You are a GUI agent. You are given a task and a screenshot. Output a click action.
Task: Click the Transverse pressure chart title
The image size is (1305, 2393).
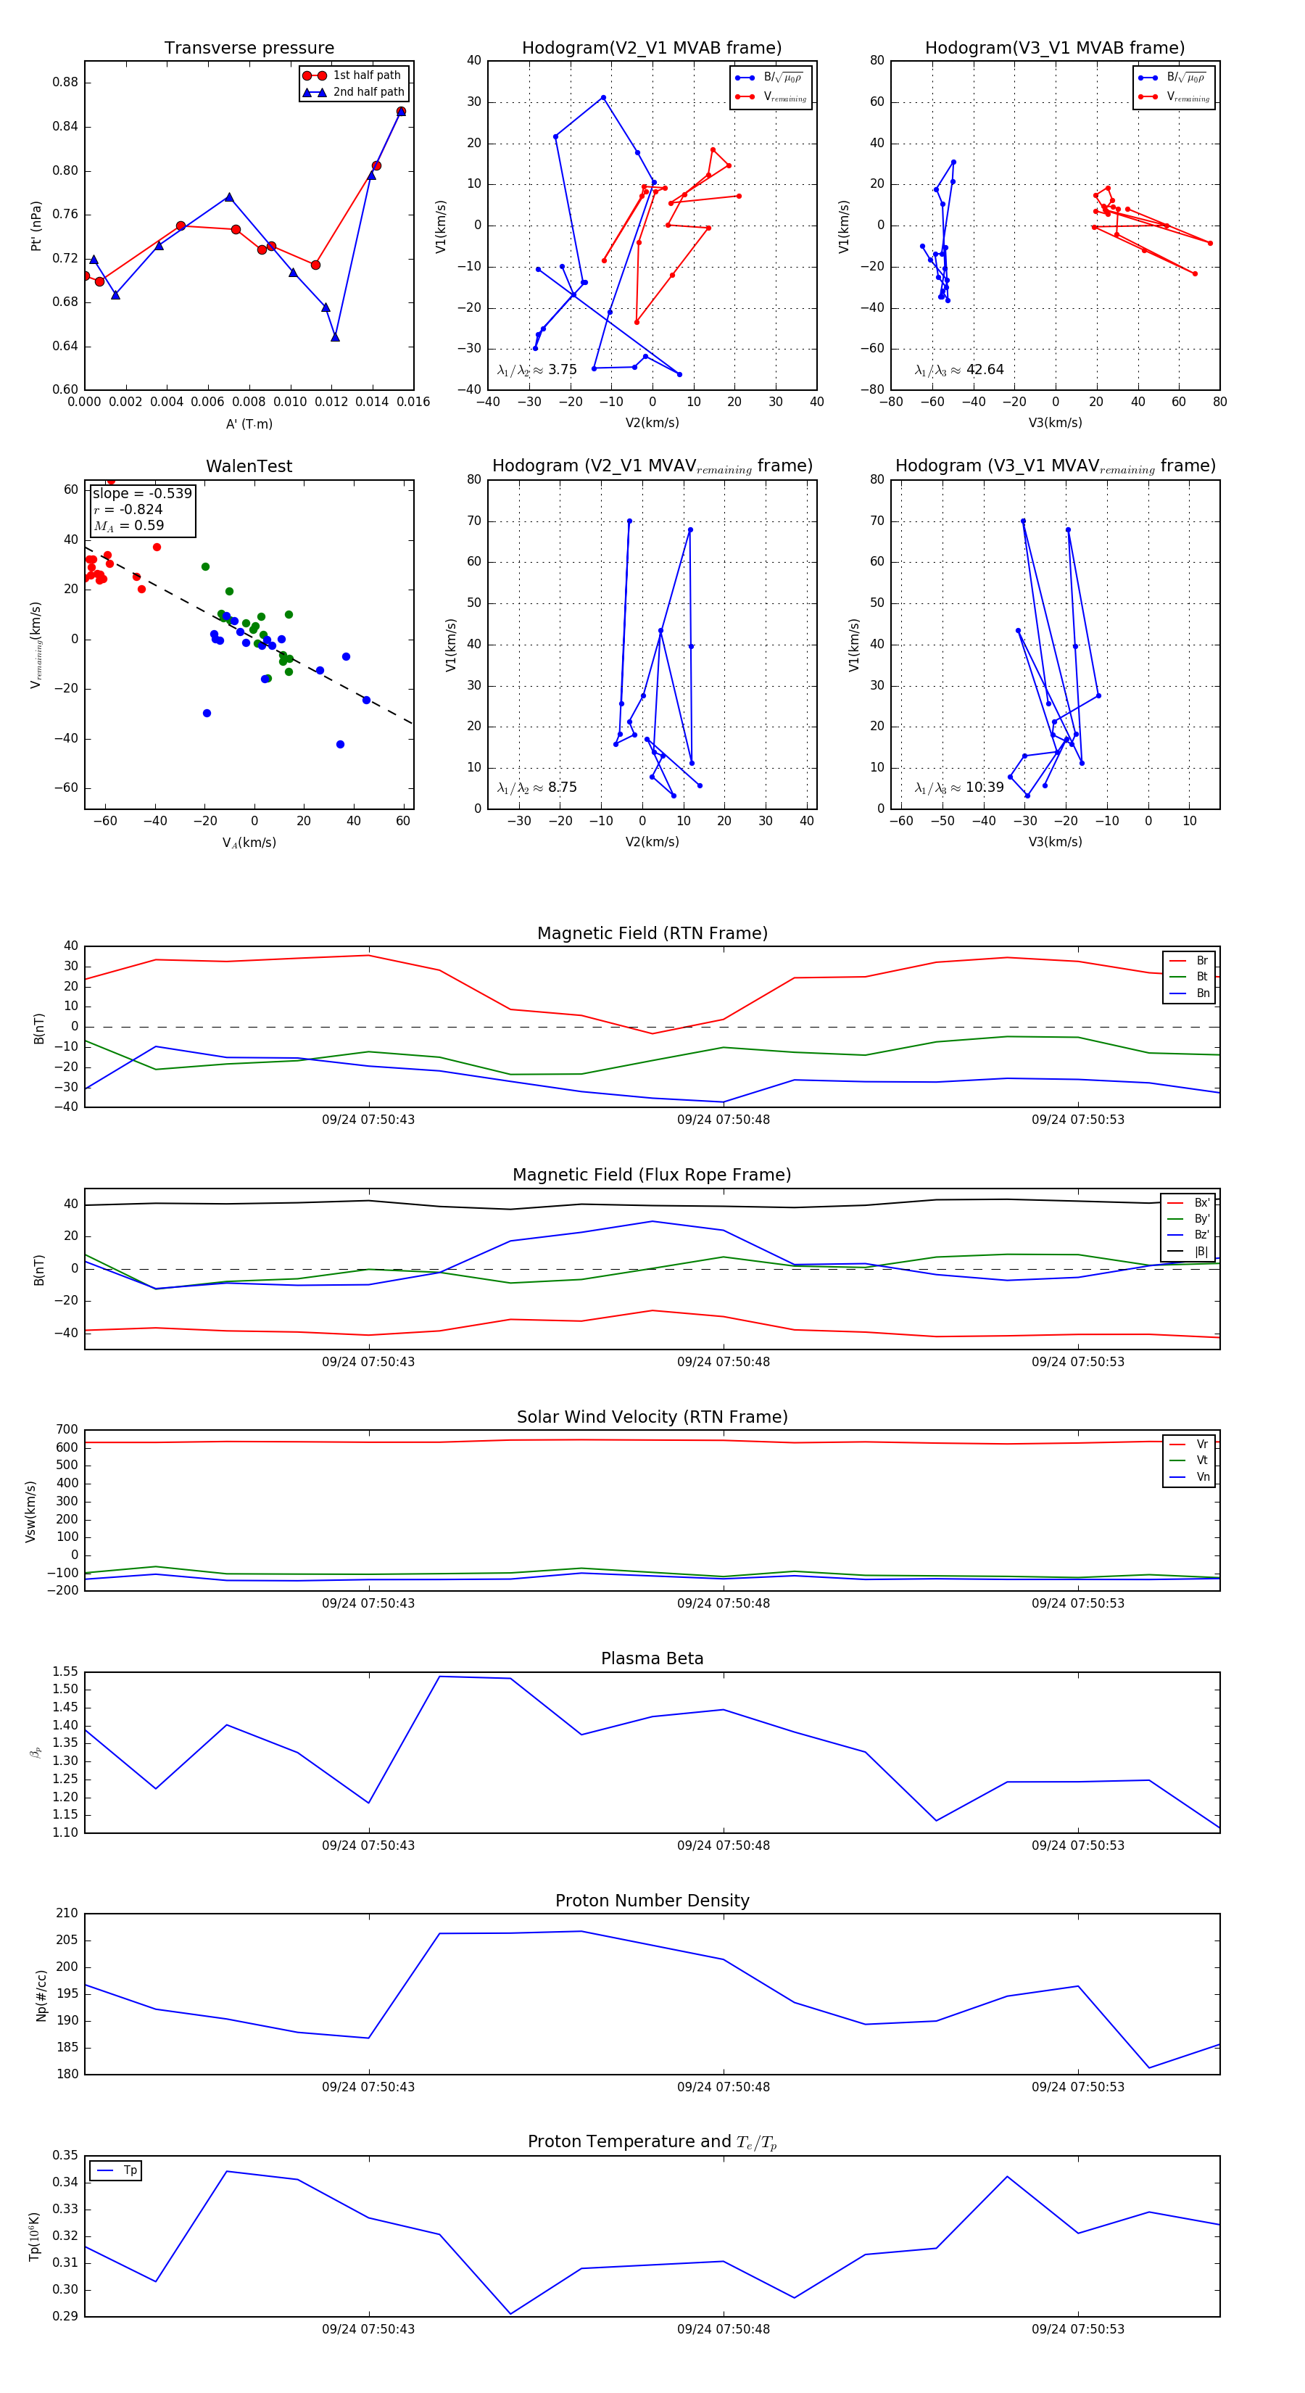[x=249, y=49]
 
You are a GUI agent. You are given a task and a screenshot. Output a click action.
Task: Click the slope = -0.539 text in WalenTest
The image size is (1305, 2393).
[x=142, y=493]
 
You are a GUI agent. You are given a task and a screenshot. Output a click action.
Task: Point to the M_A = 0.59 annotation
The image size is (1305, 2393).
[x=129, y=526]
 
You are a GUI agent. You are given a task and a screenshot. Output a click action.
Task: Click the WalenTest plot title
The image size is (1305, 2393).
[x=249, y=466]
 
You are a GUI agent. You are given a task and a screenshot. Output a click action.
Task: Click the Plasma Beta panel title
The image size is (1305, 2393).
[x=652, y=1658]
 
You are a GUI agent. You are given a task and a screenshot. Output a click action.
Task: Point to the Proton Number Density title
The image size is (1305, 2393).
[x=652, y=1901]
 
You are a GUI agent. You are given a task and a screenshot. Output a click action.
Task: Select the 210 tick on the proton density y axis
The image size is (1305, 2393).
[x=67, y=1914]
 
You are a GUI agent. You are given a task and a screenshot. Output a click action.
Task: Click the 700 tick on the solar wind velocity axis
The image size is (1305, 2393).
[x=67, y=1430]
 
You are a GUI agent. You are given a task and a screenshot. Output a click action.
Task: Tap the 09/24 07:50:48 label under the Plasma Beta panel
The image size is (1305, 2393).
[x=723, y=1845]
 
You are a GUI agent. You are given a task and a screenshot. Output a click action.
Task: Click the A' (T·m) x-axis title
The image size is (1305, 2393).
[x=249, y=424]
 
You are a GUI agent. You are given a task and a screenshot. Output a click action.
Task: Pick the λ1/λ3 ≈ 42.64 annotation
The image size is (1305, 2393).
[x=959, y=370]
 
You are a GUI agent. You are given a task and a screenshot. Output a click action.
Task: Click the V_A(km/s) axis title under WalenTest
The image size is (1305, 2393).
[x=249, y=843]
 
